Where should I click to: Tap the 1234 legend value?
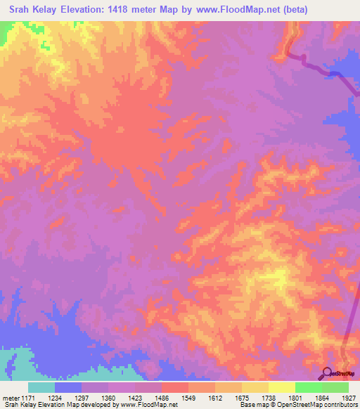pyautogui.click(x=69, y=398)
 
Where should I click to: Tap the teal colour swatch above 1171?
pyautogui.click(x=41, y=387)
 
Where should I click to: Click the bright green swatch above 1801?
pyautogui.click(x=308, y=387)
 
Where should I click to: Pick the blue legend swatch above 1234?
pyautogui.click(x=68, y=387)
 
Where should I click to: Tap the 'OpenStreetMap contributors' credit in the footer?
pyautogui.click(x=321, y=405)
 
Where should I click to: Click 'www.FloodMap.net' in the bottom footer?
pyautogui.click(x=148, y=405)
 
